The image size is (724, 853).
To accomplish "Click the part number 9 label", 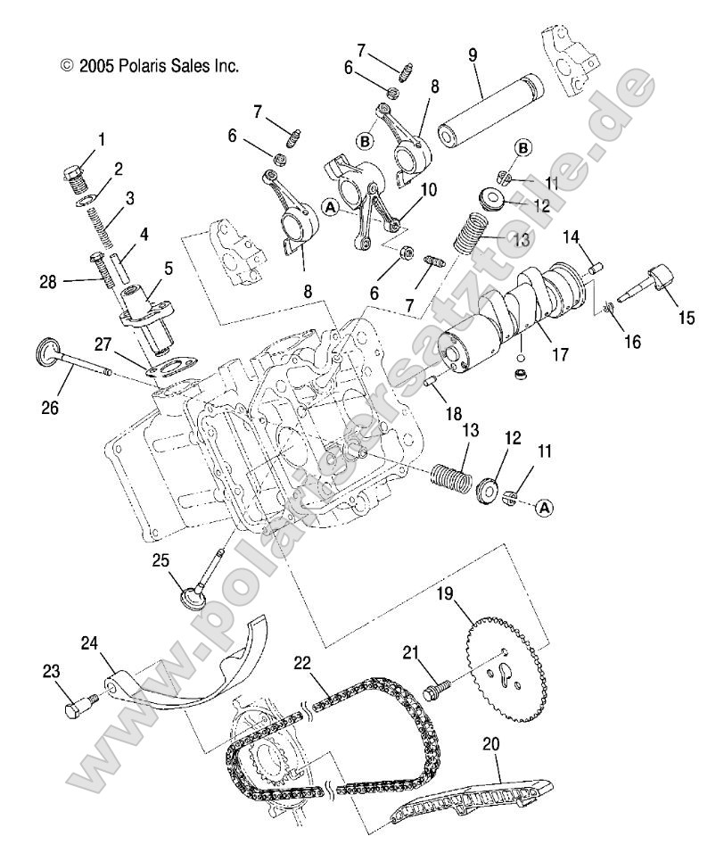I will point(473,54).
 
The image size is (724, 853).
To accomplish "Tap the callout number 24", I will point(90,642).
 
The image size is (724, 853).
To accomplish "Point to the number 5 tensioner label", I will point(169,267).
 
